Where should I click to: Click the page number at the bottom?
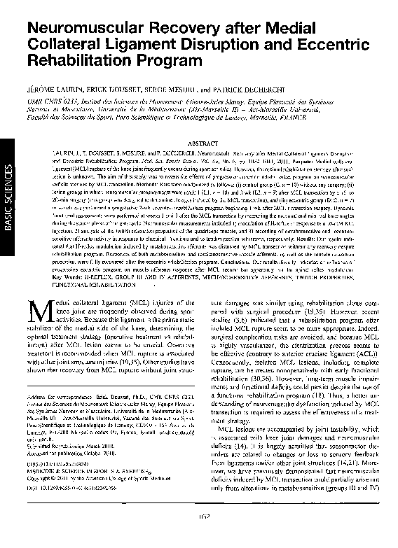click(x=200, y=538)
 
